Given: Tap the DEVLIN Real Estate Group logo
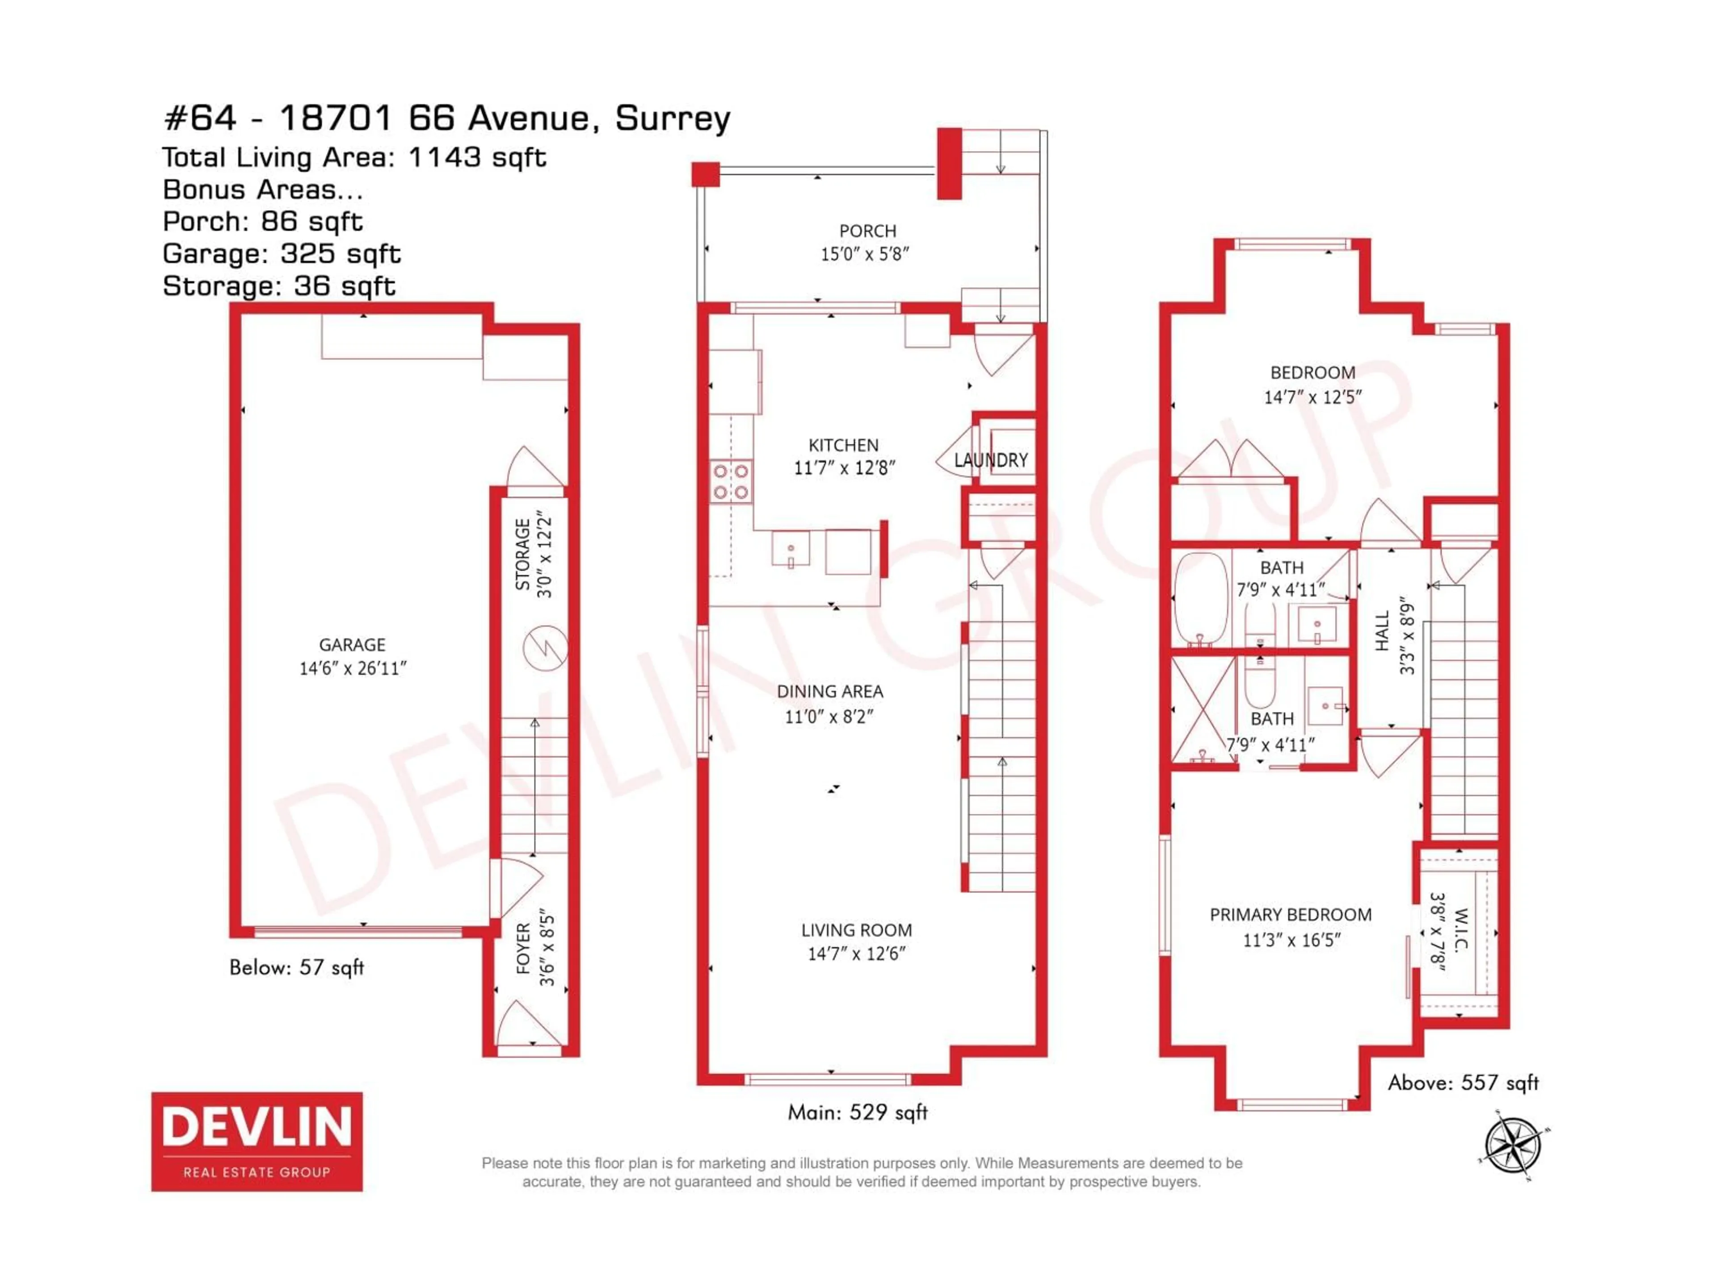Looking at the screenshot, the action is click(x=257, y=1141).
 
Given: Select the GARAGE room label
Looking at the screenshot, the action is click(x=352, y=645).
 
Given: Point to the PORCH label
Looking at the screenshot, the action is click(x=867, y=231).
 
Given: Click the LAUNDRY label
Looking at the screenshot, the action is click(x=991, y=460).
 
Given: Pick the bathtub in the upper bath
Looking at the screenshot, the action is click(x=1200, y=598).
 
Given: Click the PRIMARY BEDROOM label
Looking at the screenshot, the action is click(x=1290, y=915).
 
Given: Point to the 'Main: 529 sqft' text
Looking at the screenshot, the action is click(x=857, y=1112).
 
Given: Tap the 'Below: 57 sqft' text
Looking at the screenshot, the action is click(x=296, y=967).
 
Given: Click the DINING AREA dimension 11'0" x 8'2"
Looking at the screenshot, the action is click(x=829, y=716).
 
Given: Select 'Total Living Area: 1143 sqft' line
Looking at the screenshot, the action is click(x=354, y=157).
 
